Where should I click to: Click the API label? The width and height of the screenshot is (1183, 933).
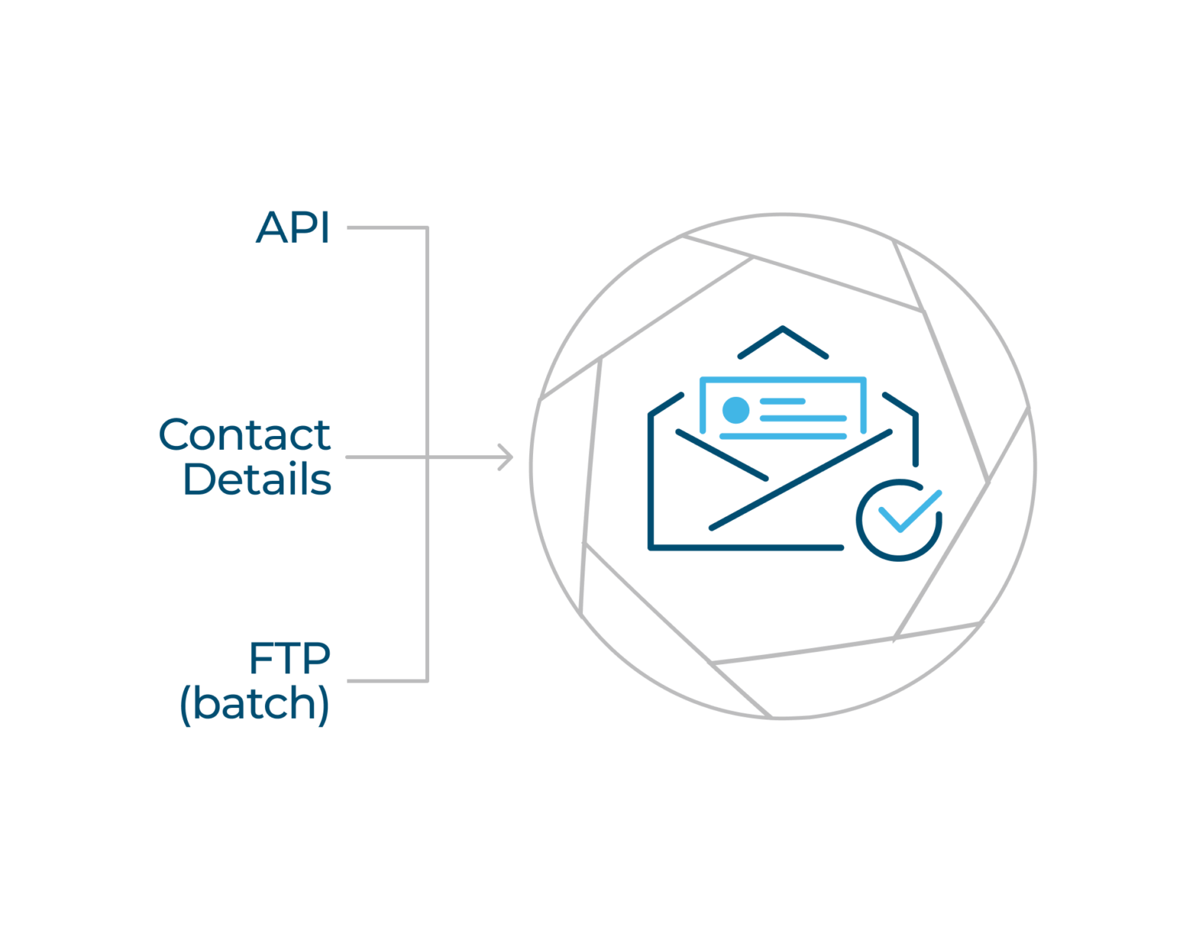(x=293, y=228)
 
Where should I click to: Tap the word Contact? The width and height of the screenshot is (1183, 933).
(x=245, y=435)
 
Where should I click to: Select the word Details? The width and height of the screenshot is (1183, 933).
(x=257, y=479)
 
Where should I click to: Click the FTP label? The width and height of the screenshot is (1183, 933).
(x=290, y=659)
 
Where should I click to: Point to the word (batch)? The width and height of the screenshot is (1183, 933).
(x=255, y=703)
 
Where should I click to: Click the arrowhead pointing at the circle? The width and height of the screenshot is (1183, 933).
(x=507, y=457)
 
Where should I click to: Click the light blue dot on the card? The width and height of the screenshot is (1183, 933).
(x=736, y=409)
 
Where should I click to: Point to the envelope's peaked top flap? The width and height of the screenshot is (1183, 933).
(x=783, y=340)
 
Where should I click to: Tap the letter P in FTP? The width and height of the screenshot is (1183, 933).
(x=316, y=659)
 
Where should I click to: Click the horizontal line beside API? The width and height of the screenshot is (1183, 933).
(x=385, y=228)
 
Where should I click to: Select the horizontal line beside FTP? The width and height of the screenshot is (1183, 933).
(x=385, y=680)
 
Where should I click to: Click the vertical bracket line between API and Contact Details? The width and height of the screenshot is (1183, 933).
(x=427, y=339)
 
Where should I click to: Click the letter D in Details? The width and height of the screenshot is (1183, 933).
(x=198, y=479)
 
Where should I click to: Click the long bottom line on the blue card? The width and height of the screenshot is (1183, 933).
(x=783, y=436)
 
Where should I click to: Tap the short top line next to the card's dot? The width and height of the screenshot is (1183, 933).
(x=782, y=401)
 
